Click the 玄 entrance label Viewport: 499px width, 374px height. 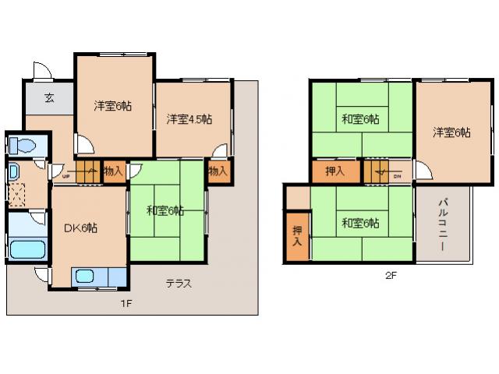click(48, 98)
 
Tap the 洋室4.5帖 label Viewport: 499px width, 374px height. click(189, 119)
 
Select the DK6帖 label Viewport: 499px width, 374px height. click(80, 228)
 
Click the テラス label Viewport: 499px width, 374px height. click(178, 284)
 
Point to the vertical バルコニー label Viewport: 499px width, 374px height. click(442, 226)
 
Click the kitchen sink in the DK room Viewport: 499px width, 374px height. click(84, 277)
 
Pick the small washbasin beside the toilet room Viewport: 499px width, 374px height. click(14, 171)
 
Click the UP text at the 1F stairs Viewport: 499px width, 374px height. click(65, 176)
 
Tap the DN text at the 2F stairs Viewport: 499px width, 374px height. click(397, 176)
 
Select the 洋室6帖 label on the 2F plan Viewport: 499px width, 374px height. click(452, 132)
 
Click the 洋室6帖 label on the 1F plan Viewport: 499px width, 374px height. click(113, 105)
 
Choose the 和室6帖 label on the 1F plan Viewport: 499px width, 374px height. click(165, 210)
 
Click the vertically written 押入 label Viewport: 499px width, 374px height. click(298, 236)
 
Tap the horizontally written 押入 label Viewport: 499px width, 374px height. click(335, 171)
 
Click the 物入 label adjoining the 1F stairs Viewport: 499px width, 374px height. click(114, 171)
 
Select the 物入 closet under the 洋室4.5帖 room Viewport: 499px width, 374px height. click(218, 171)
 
